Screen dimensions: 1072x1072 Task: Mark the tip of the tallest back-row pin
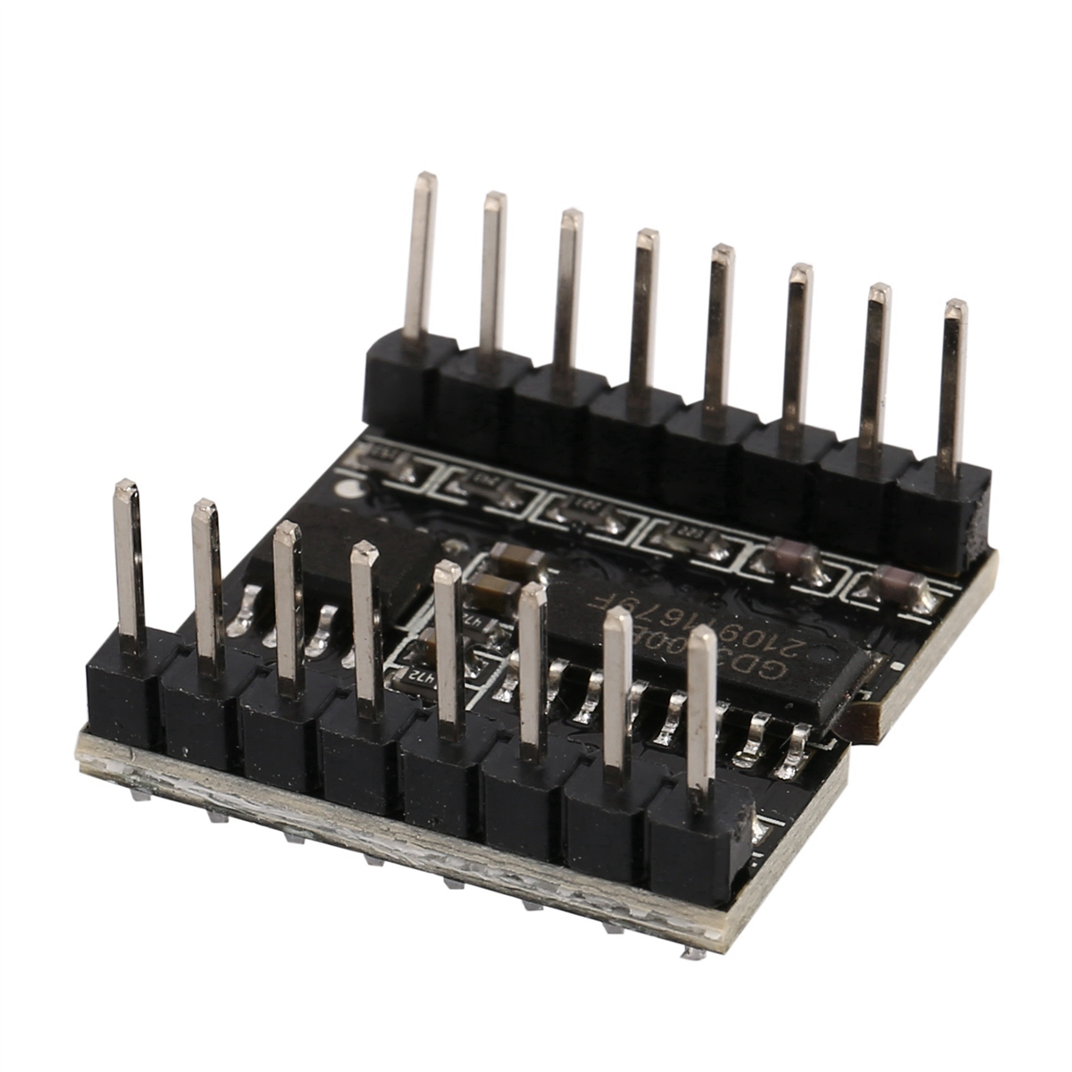pyautogui.click(x=426, y=179)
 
